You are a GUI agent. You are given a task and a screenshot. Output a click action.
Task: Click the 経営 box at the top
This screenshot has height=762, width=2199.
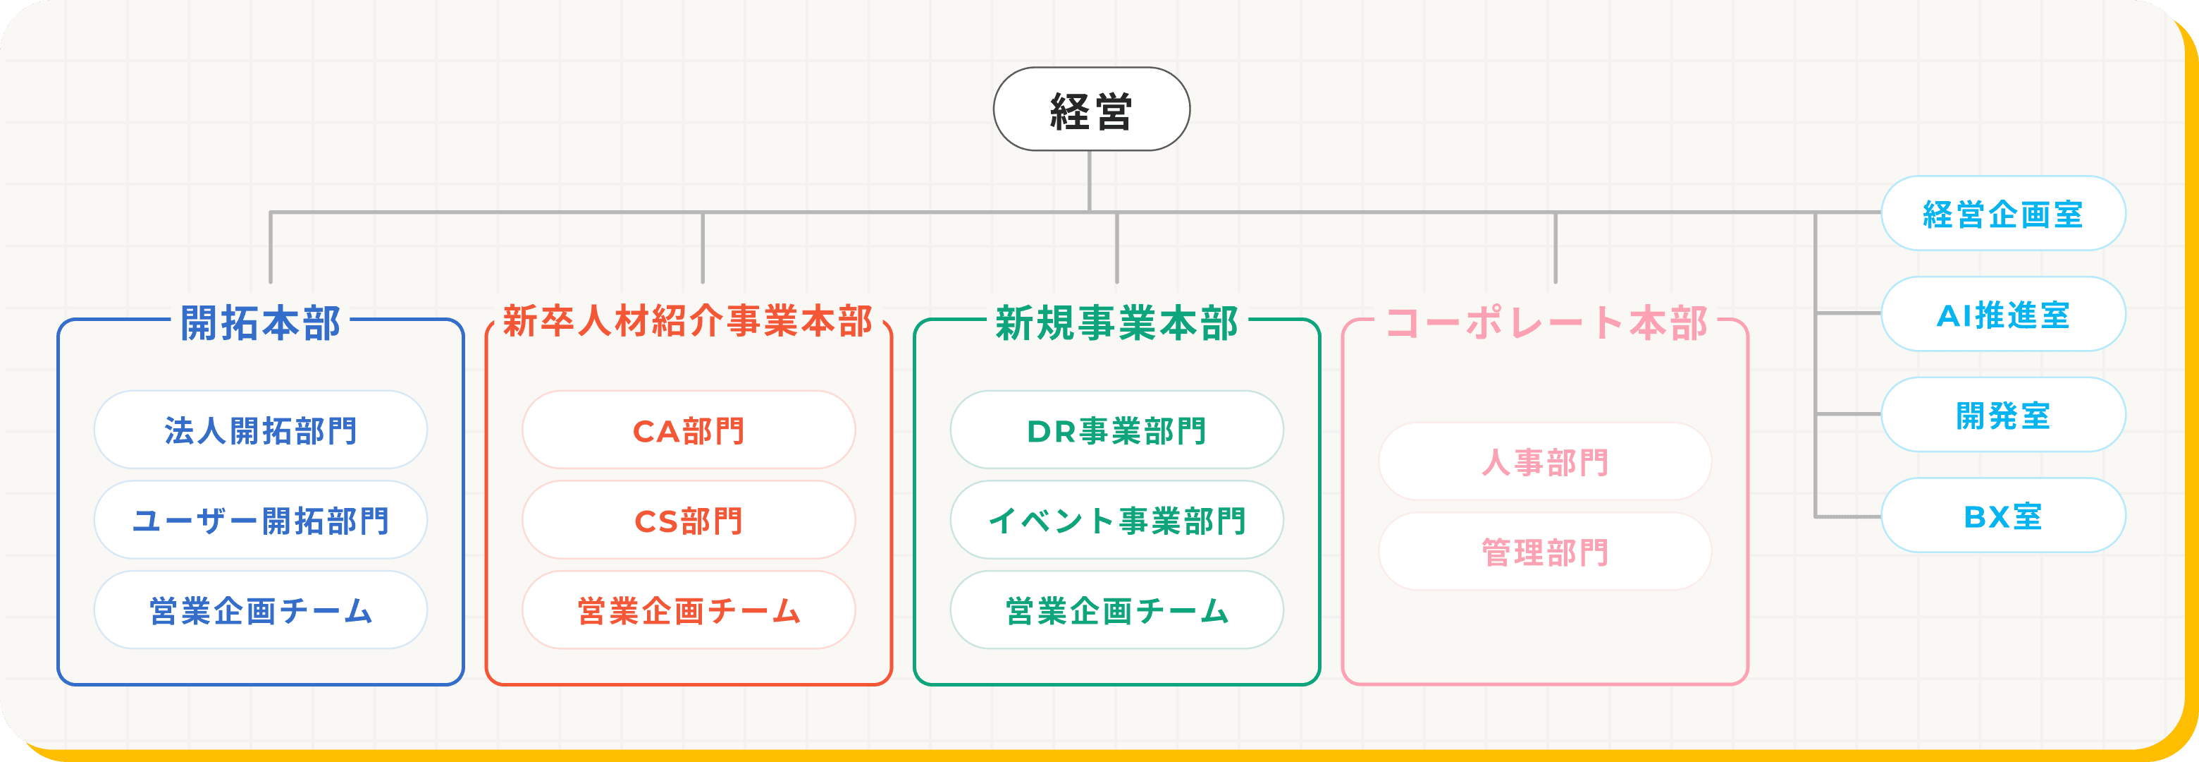(x=1091, y=109)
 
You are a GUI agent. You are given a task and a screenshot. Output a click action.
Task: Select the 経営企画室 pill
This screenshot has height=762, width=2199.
(x=2002, y=214)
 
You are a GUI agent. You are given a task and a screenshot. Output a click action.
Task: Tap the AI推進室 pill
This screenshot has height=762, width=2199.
(x=2002, y=315)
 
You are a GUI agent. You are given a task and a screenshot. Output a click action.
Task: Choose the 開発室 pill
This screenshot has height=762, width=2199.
(x=2002, y=415)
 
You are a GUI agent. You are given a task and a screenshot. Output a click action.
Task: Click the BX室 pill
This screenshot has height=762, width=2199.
(x=2002, y=516)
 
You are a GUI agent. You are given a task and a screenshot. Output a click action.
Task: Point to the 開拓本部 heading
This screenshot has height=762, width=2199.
(x=260, y=323)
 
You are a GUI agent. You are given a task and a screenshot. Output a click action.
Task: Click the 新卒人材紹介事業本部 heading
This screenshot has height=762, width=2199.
(x=688, y=321)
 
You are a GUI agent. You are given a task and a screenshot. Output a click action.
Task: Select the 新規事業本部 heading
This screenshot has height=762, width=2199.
(x=1116, y=323)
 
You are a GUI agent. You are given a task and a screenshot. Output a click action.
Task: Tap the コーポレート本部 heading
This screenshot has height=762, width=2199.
(x=1546, y=323)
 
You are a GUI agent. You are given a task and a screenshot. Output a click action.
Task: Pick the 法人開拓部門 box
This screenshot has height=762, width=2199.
(x=260, y=430)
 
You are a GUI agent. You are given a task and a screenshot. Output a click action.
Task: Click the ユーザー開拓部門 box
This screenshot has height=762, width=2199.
(x=260, y=520)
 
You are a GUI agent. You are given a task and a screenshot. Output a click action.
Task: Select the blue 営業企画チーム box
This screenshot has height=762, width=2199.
(x=260, y=610)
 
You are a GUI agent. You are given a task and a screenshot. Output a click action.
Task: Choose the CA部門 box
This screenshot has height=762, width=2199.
(x=688, y=430)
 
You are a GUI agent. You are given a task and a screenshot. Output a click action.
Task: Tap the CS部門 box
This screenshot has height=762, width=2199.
(x=688, y=520)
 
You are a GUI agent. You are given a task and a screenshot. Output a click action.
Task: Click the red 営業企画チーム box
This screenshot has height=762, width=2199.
(x=688, y=610)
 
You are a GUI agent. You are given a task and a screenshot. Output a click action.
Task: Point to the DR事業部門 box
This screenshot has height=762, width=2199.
(x=1116, y=430)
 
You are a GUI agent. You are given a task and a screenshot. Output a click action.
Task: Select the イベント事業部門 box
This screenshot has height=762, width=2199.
(x=1116, y=520)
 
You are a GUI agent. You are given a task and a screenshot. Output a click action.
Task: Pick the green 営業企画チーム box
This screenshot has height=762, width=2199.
(x=1116, y=610)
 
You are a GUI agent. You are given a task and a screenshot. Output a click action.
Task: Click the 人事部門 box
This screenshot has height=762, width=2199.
(x=1545, y=461)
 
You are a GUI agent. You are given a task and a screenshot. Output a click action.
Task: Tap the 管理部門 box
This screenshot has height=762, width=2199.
(x=1545, y=552)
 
